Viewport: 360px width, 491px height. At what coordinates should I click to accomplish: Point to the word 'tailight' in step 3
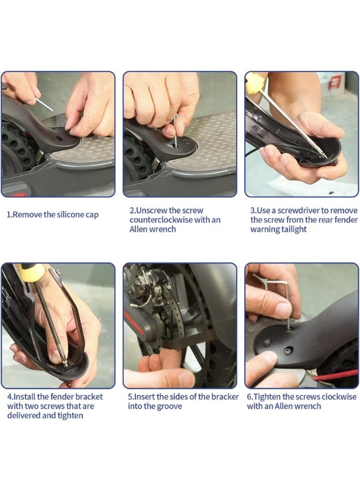click(x=293, y=229)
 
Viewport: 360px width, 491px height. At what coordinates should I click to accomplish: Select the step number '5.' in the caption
click(x=131, y=397)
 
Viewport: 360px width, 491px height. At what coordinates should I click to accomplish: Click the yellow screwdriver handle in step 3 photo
click(x=253, y=82)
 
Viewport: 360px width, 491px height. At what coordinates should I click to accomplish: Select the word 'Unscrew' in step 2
click(x=152, y=211)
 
